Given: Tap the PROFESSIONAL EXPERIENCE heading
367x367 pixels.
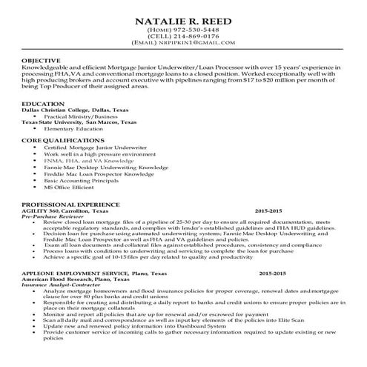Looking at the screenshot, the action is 70,203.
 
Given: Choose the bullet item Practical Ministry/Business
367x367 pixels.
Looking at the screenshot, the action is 81,117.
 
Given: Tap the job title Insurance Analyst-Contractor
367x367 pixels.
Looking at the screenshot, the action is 61,284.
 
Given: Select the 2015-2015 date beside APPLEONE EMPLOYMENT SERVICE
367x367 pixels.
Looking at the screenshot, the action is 274,272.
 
